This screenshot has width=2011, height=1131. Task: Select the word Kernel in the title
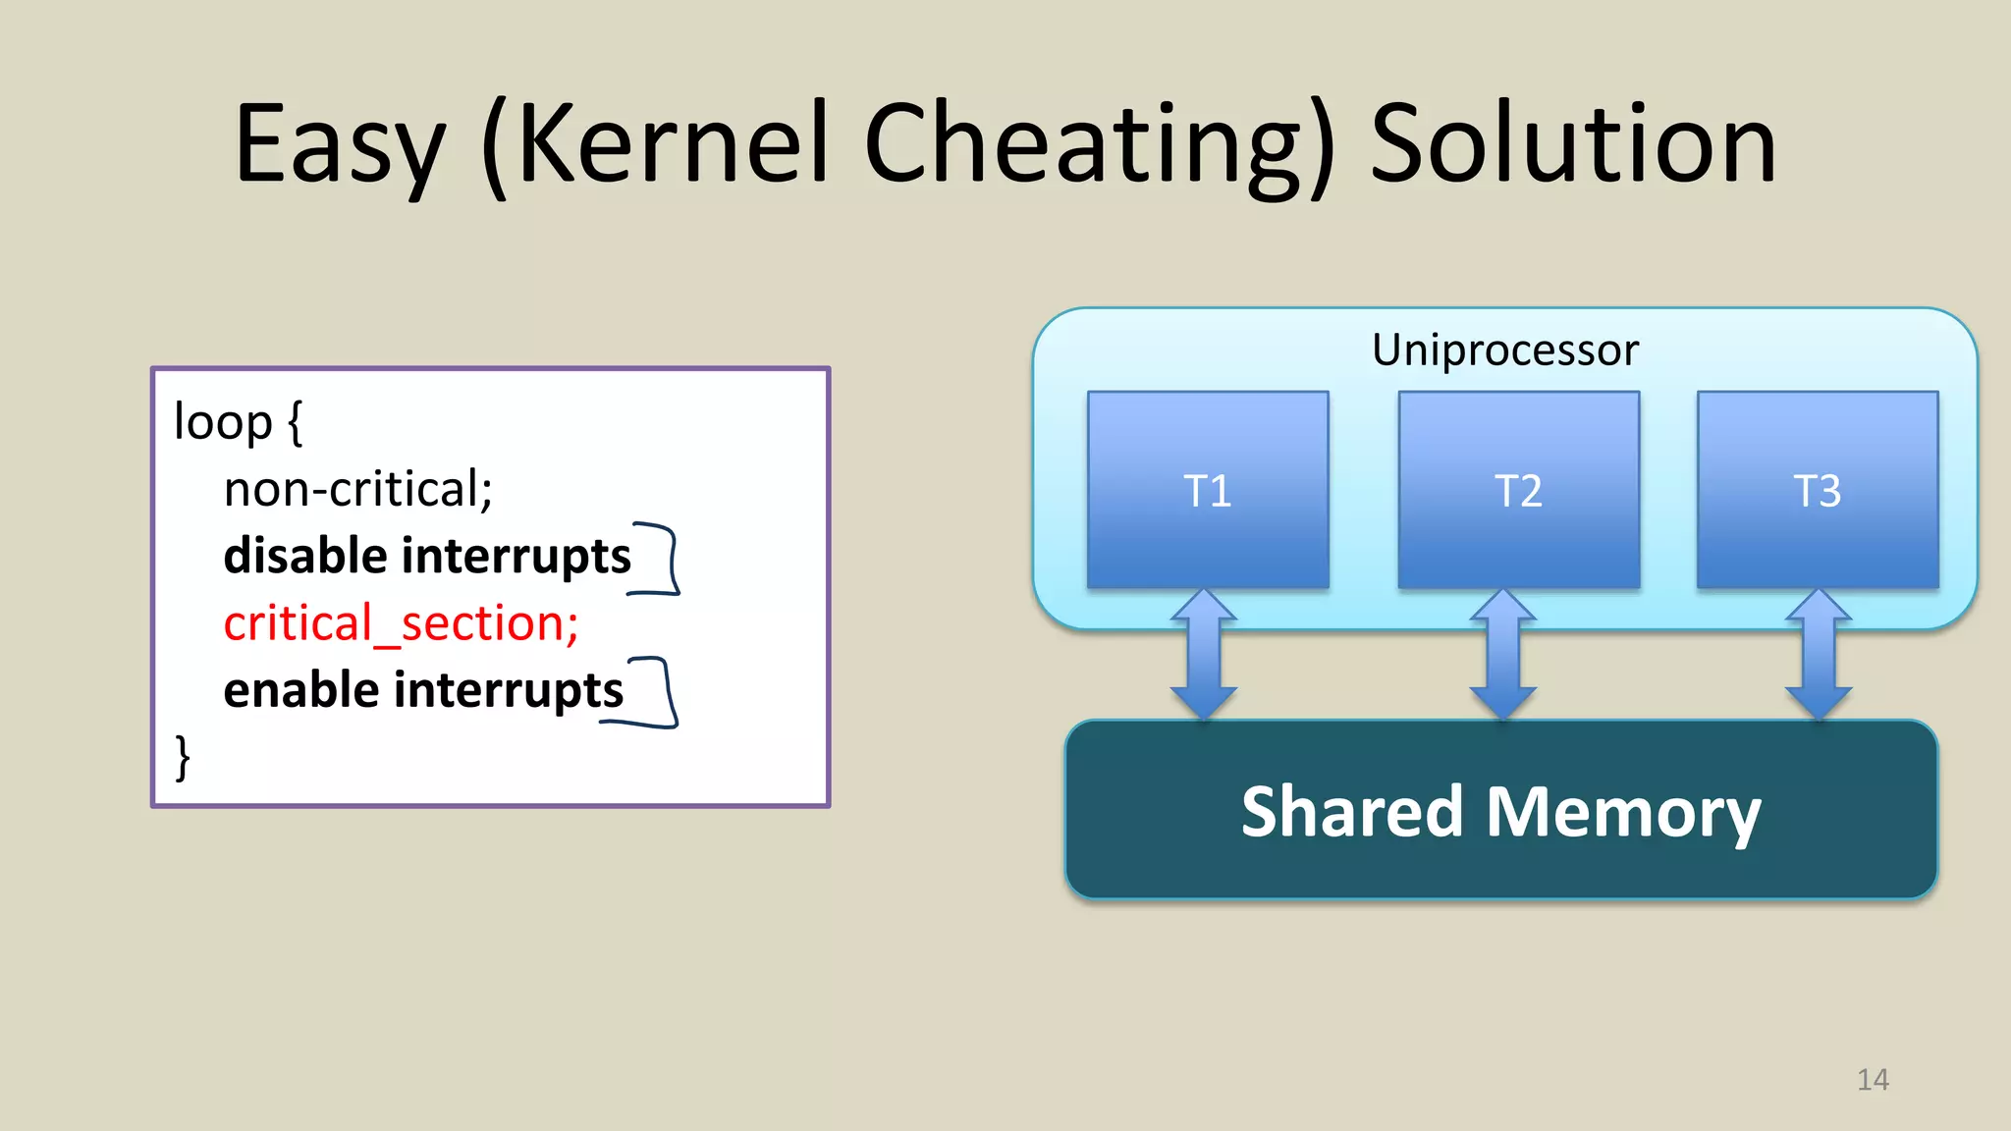coord(673,144)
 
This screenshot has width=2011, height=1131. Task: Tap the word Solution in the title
coord(1572,144)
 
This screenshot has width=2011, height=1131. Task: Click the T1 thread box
coord(1208,490)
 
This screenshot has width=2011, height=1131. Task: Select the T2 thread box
coord(1518,490)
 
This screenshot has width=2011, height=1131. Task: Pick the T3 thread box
coord(1818,490)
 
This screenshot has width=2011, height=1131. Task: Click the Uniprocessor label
coord(1504,350)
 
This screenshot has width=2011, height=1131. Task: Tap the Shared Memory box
coord(1500,811)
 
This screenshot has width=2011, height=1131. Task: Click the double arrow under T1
coord(1204,654)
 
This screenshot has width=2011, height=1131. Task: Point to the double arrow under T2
coord(1502,654)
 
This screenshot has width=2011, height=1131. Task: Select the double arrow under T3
coord(1819,654)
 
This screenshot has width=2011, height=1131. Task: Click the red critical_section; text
coord(401,623)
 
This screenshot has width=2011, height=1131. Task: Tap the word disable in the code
coord(305,556)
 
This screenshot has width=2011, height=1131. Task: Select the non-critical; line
coord(357,489)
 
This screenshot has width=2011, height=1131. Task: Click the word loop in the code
coord(222,422)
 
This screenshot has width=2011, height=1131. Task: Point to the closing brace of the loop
coord(183,757)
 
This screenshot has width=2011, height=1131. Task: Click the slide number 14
coord(1873,1080)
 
